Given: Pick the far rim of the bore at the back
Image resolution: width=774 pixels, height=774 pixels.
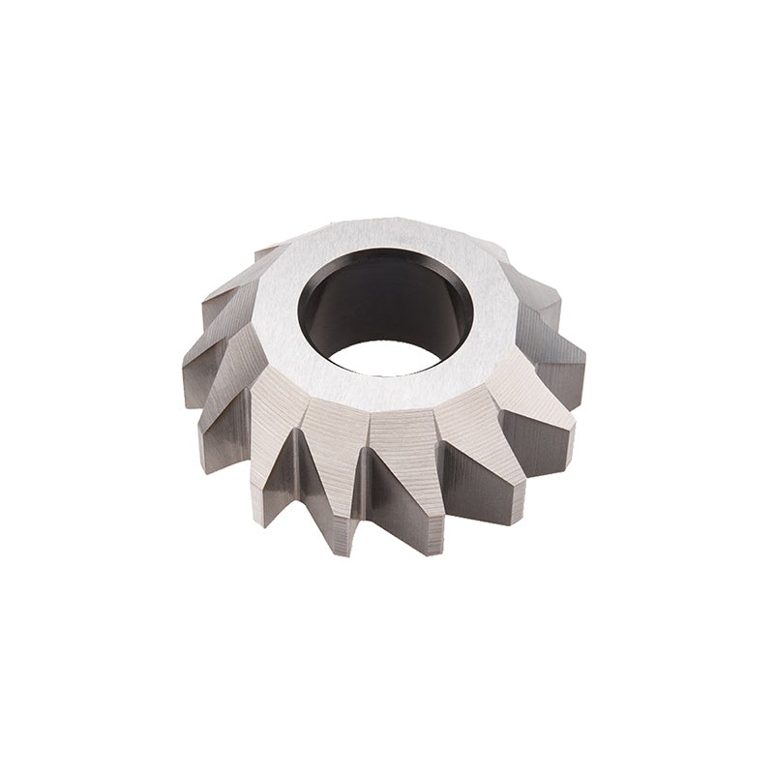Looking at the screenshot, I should point(387,252).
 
